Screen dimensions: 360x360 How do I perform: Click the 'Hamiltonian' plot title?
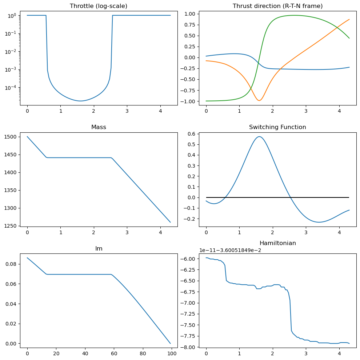[277, 243]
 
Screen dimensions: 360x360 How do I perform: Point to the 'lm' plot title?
[99, 248]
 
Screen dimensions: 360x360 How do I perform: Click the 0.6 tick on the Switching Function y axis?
[191, 134]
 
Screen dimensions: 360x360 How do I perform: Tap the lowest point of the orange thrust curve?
[259, 100]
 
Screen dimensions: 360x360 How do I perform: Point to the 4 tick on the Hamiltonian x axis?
[339, 353]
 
